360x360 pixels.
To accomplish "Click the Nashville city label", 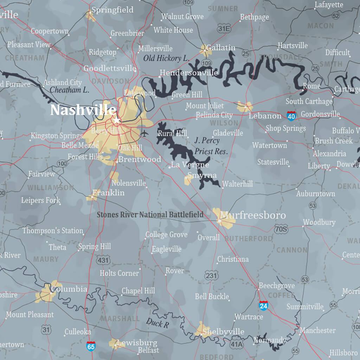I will pos(83,110).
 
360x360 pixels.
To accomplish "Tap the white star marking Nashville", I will pos(117,121).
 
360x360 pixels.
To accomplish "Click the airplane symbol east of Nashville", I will pos(144,133).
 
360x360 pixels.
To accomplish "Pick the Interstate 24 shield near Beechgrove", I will pos(263,305).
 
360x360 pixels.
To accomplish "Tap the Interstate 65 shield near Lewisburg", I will pos(91,346).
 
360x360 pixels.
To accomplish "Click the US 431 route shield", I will pos(103,260).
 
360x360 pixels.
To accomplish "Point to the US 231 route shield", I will pos(211,276).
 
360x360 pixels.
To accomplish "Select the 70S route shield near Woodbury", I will pos(281,229).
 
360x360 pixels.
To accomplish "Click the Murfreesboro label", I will pos(252,215).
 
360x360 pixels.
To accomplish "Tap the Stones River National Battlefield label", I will pos(150,214).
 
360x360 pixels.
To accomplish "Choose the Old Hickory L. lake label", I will pos(166,58).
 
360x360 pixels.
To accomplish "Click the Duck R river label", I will pos(157,323).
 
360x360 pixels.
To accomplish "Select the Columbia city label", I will pos(69,289).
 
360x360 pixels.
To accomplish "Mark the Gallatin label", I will pos(221,47).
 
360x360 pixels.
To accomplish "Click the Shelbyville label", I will pos(224,332).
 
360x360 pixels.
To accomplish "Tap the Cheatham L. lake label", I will pos(69,90).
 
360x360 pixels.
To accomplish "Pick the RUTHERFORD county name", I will pos(248,239).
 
